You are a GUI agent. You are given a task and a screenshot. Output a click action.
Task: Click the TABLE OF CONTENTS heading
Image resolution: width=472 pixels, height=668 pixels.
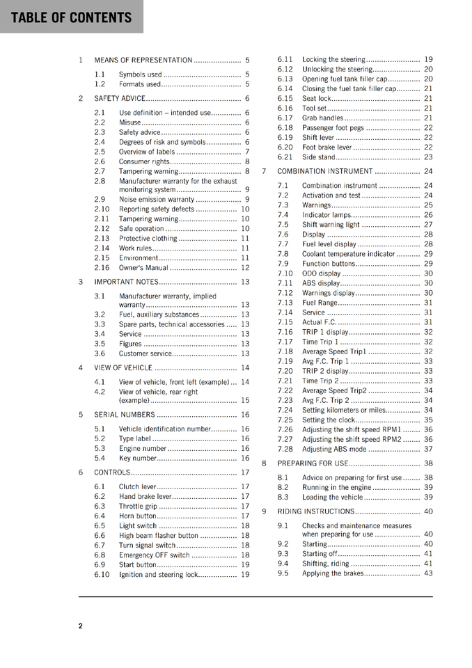(x=71, y=17)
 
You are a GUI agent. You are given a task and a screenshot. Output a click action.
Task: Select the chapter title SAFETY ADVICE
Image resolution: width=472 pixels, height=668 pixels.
(x=120, y=98)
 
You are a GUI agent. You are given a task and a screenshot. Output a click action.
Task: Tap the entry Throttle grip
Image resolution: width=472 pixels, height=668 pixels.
(x=138, y=506)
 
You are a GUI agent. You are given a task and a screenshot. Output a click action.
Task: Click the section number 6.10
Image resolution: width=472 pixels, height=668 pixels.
(x=102, y=575)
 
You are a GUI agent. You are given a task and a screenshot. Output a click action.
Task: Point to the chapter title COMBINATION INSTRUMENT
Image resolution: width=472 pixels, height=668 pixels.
(x=325, y=171)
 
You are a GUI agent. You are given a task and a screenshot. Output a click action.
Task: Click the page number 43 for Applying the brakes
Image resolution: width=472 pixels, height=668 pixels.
(x=428, y=573)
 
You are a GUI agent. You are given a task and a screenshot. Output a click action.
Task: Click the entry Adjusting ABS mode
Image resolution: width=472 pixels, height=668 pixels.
(x=334, y=449)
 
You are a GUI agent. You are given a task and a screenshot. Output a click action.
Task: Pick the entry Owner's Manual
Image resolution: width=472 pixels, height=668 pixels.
(x=143, y=268)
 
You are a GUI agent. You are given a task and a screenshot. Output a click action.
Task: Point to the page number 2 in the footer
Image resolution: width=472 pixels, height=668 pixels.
(x=80, y=626)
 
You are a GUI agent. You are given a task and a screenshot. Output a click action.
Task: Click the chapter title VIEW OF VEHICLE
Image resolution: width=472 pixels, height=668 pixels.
(x=123, y=367)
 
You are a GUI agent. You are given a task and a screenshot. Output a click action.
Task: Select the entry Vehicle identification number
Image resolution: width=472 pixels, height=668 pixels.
(x=164, y=429)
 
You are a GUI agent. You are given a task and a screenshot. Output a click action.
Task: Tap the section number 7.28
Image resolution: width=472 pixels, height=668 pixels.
(x=285, y=449)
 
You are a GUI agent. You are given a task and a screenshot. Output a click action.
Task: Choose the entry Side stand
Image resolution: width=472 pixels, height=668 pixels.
(x=319, y=157)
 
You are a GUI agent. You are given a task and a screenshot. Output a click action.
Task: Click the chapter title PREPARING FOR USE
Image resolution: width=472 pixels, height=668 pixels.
(x=313, y=463)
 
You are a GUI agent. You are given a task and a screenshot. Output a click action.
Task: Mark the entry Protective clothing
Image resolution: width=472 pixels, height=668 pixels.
(x=148, y=239)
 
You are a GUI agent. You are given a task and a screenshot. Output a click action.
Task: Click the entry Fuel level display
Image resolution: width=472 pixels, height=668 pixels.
(x=329, y=244)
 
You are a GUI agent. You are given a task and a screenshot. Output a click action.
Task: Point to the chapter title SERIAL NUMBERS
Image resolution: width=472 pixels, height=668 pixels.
(x=125, y=415)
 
